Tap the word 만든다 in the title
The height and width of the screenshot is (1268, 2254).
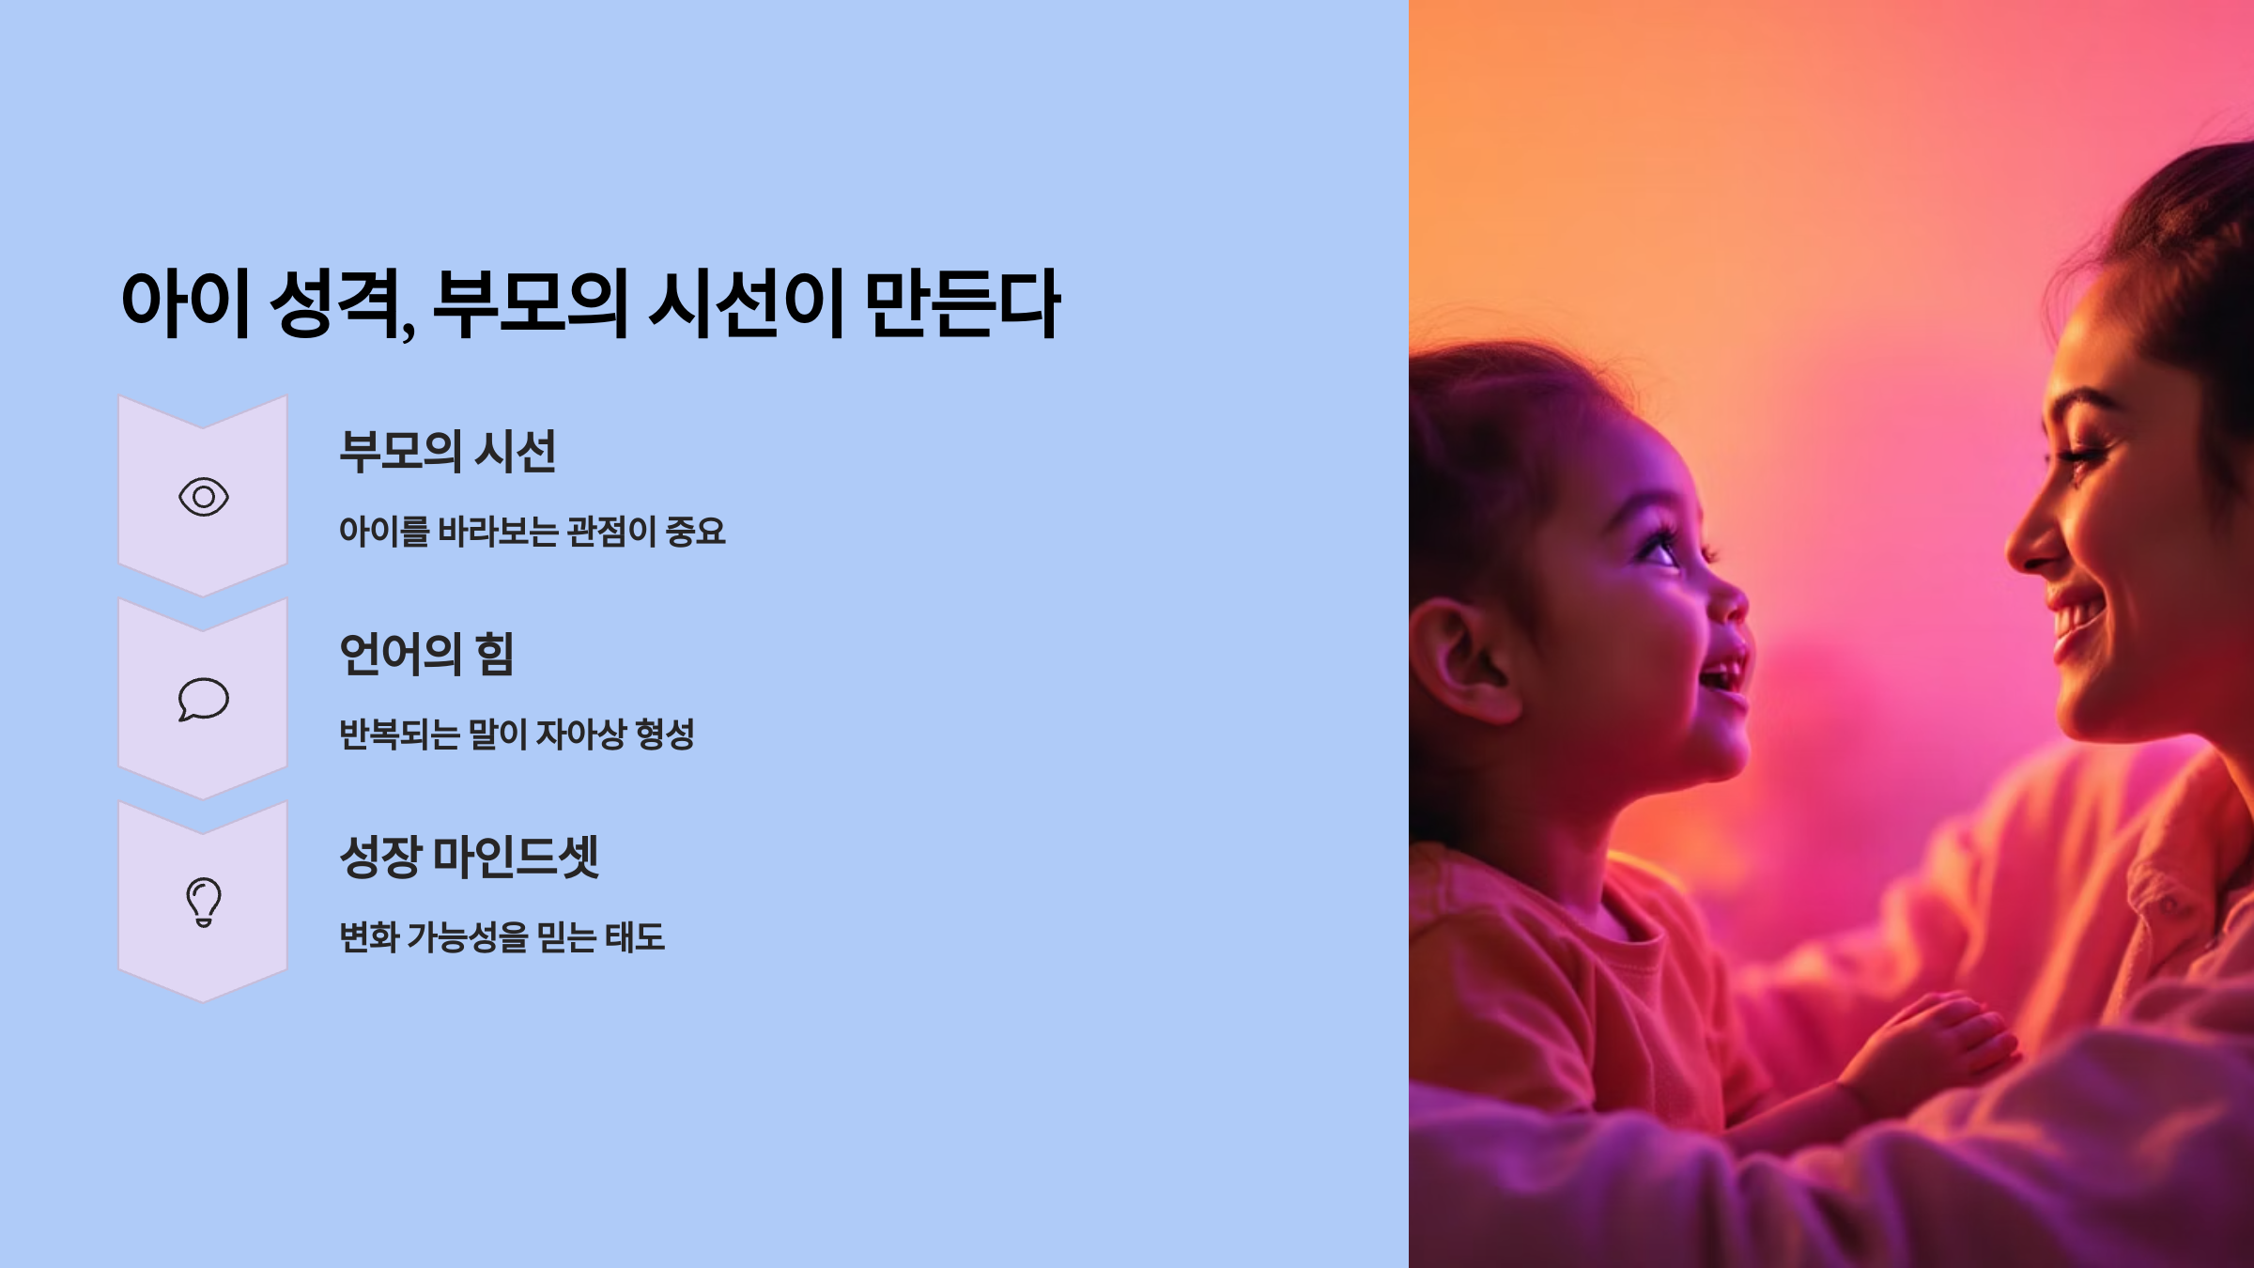pos(962,303)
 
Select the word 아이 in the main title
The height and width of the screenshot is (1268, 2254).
pos(185,303)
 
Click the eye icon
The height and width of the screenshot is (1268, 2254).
pos(204,497)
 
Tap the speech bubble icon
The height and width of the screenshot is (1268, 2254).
pos(204,700)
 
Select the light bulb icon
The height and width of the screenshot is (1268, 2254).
pos(204,903)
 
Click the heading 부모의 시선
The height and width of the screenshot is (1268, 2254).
pos(447,452)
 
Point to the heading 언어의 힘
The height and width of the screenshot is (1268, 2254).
pos(426,655)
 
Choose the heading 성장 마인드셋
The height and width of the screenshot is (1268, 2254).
pos(469,858)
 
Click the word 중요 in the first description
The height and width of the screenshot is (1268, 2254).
pos(695,532)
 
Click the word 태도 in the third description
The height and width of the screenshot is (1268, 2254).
pos(635,937)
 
